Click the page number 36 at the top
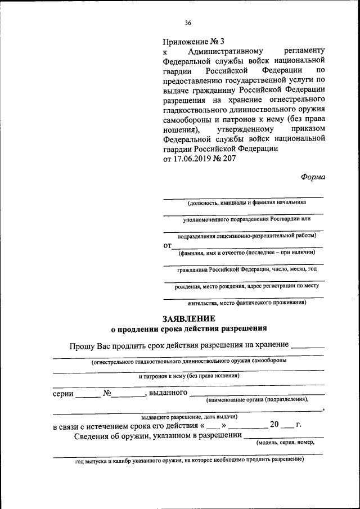pos(188,22)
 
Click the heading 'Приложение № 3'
pos(193,42)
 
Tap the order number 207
pos(229,159)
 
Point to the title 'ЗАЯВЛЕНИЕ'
pos(188,318)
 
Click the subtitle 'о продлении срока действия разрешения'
pos(188,328)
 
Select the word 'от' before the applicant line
pos(166,246)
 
